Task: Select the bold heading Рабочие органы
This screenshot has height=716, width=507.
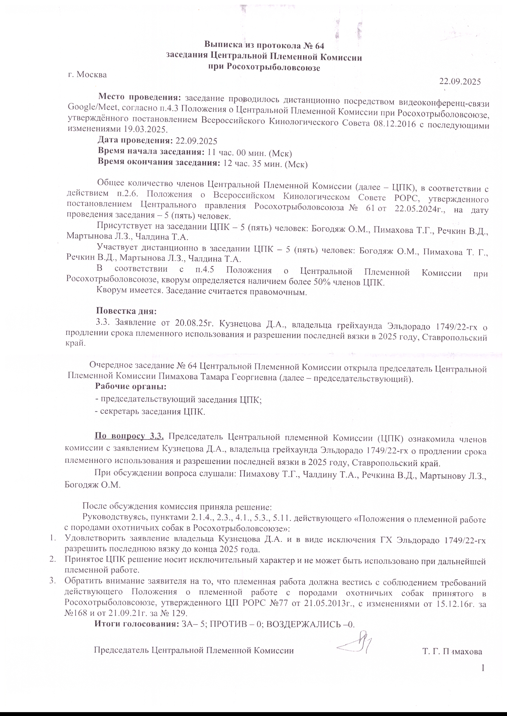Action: pos(131,386)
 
